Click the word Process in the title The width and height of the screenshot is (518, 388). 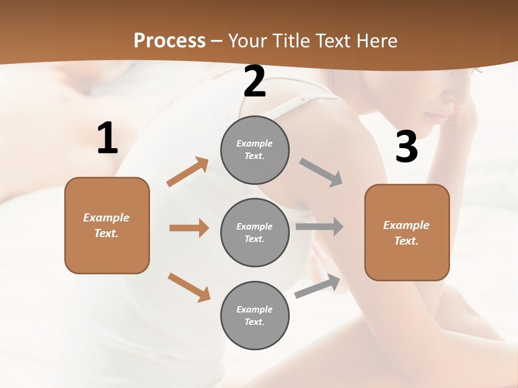tap(169, 41)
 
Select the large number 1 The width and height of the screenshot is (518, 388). tap(107, 138)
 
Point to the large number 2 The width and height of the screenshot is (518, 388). tap(255, 82)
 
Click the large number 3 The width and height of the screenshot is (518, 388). tap(406, 147)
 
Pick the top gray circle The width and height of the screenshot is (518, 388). tap(255, 150)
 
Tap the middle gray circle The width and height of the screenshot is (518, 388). tap(255, 232)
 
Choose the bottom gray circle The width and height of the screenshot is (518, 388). tap(255, 315)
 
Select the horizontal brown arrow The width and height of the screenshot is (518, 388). tap(189, 228)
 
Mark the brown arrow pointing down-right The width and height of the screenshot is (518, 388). tap(189, 287)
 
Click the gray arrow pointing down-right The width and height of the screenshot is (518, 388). tap(321, 172)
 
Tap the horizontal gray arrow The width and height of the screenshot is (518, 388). tap(319, 227)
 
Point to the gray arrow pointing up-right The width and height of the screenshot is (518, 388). tap(317, 286)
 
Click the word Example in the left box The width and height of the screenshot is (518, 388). tap(106, 218)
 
